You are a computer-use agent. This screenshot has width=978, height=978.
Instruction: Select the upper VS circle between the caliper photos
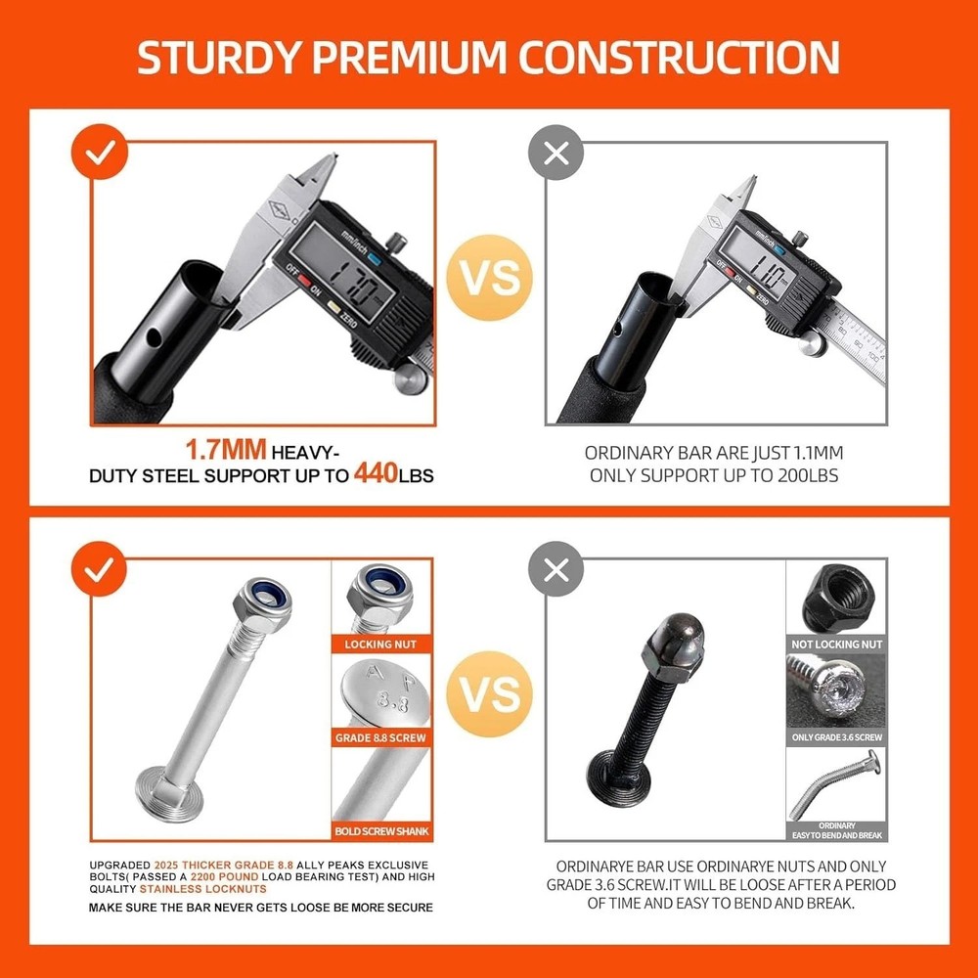click(x=490, y=278)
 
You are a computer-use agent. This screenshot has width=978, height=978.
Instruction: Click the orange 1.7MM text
click(x=227, y=452)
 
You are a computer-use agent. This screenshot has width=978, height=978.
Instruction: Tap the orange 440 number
click(x=376, y=475)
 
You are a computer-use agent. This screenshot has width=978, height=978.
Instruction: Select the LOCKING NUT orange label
click(x=381, y=645)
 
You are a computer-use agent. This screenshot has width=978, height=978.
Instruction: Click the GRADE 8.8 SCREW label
click(x=381, y=737)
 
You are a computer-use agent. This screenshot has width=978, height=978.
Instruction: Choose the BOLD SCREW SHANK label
click(x=381, y=831)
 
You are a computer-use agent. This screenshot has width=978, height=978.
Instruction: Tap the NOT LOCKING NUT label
click(x=836, y=645)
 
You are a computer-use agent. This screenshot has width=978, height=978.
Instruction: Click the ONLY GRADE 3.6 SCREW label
click(x=836, y=737)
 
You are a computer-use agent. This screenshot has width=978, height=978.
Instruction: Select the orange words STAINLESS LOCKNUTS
click(x=202, y=889)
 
